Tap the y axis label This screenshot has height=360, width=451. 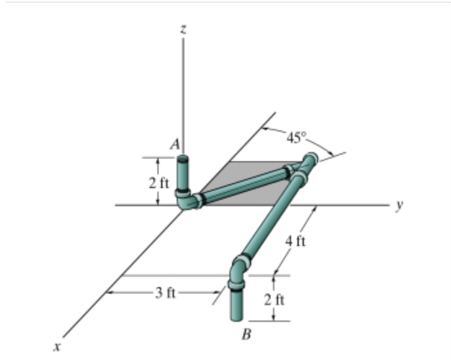(400, 207)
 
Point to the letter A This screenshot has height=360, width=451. (174, 146)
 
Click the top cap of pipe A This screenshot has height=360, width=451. (184, 158)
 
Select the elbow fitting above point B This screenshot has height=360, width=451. (238, 267)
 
